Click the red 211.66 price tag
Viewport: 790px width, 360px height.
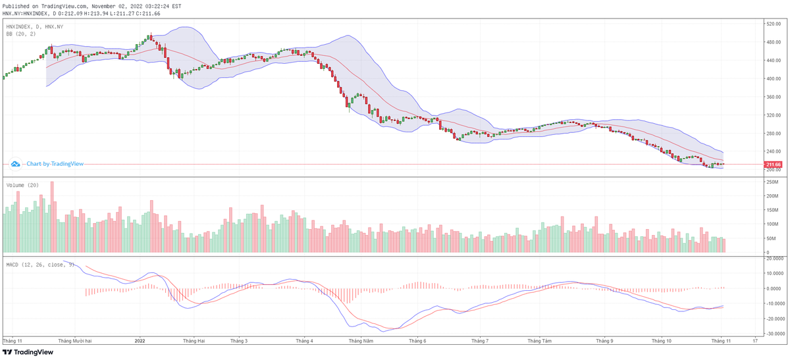[x=772, y=164]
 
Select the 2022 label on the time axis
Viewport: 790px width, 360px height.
[x=140, y=341]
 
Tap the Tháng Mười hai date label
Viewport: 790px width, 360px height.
[x=75, y=341]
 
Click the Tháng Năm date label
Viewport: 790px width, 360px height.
[x=361, y=341]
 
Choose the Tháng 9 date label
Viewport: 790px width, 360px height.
[x=604, y=341]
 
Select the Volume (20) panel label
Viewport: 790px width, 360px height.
[x=23, y=186]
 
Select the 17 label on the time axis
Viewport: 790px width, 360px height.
[x=755, y=341]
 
